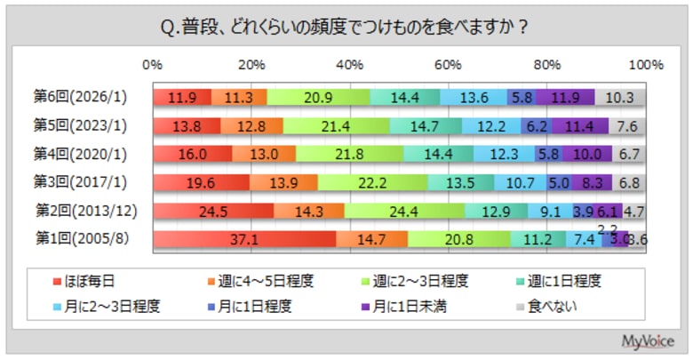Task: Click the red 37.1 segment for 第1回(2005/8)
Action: pos(244,240)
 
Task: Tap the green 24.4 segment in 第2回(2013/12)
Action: pos(404,212)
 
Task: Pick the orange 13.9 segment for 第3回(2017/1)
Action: pos(283,183)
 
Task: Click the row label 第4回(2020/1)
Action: pos(77,154)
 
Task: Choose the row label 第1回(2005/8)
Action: pos(77,239)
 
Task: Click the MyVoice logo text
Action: pos(649,340)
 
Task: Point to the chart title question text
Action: pos(346,26)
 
